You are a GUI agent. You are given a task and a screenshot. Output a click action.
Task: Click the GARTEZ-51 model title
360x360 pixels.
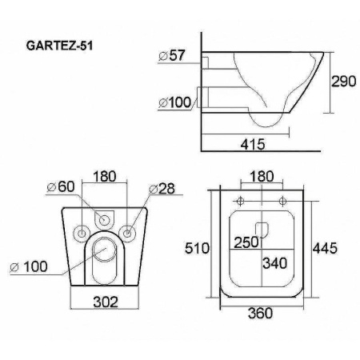pyautogui.click(x=59, y=46)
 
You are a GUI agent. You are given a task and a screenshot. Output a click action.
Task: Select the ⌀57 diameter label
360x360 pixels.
pyautogui.click(x=172, y=55)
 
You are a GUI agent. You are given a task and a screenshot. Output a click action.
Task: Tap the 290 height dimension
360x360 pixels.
pyautogui.click(x=343, y=81)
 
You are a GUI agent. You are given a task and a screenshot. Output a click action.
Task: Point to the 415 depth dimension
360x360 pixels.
pyautogui.click(x=253, y=144)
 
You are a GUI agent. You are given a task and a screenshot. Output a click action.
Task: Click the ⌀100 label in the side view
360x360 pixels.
pyautogui.click(x=175, y=102)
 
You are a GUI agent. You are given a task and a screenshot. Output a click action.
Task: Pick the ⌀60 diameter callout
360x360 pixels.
pyautogui.click(x=61, y=186)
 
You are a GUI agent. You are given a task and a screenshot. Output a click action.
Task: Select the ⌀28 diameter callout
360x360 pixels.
pyautogui.click(x=162, y=189)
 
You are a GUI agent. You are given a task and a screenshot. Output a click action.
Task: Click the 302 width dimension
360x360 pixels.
pyautogui.click(x=106, y=302)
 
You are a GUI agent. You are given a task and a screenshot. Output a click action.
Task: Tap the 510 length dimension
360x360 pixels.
pyautogui.click(x=198, y=249)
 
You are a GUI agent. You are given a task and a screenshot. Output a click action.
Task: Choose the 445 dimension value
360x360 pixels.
pyautogui.click(x=325, y=248)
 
